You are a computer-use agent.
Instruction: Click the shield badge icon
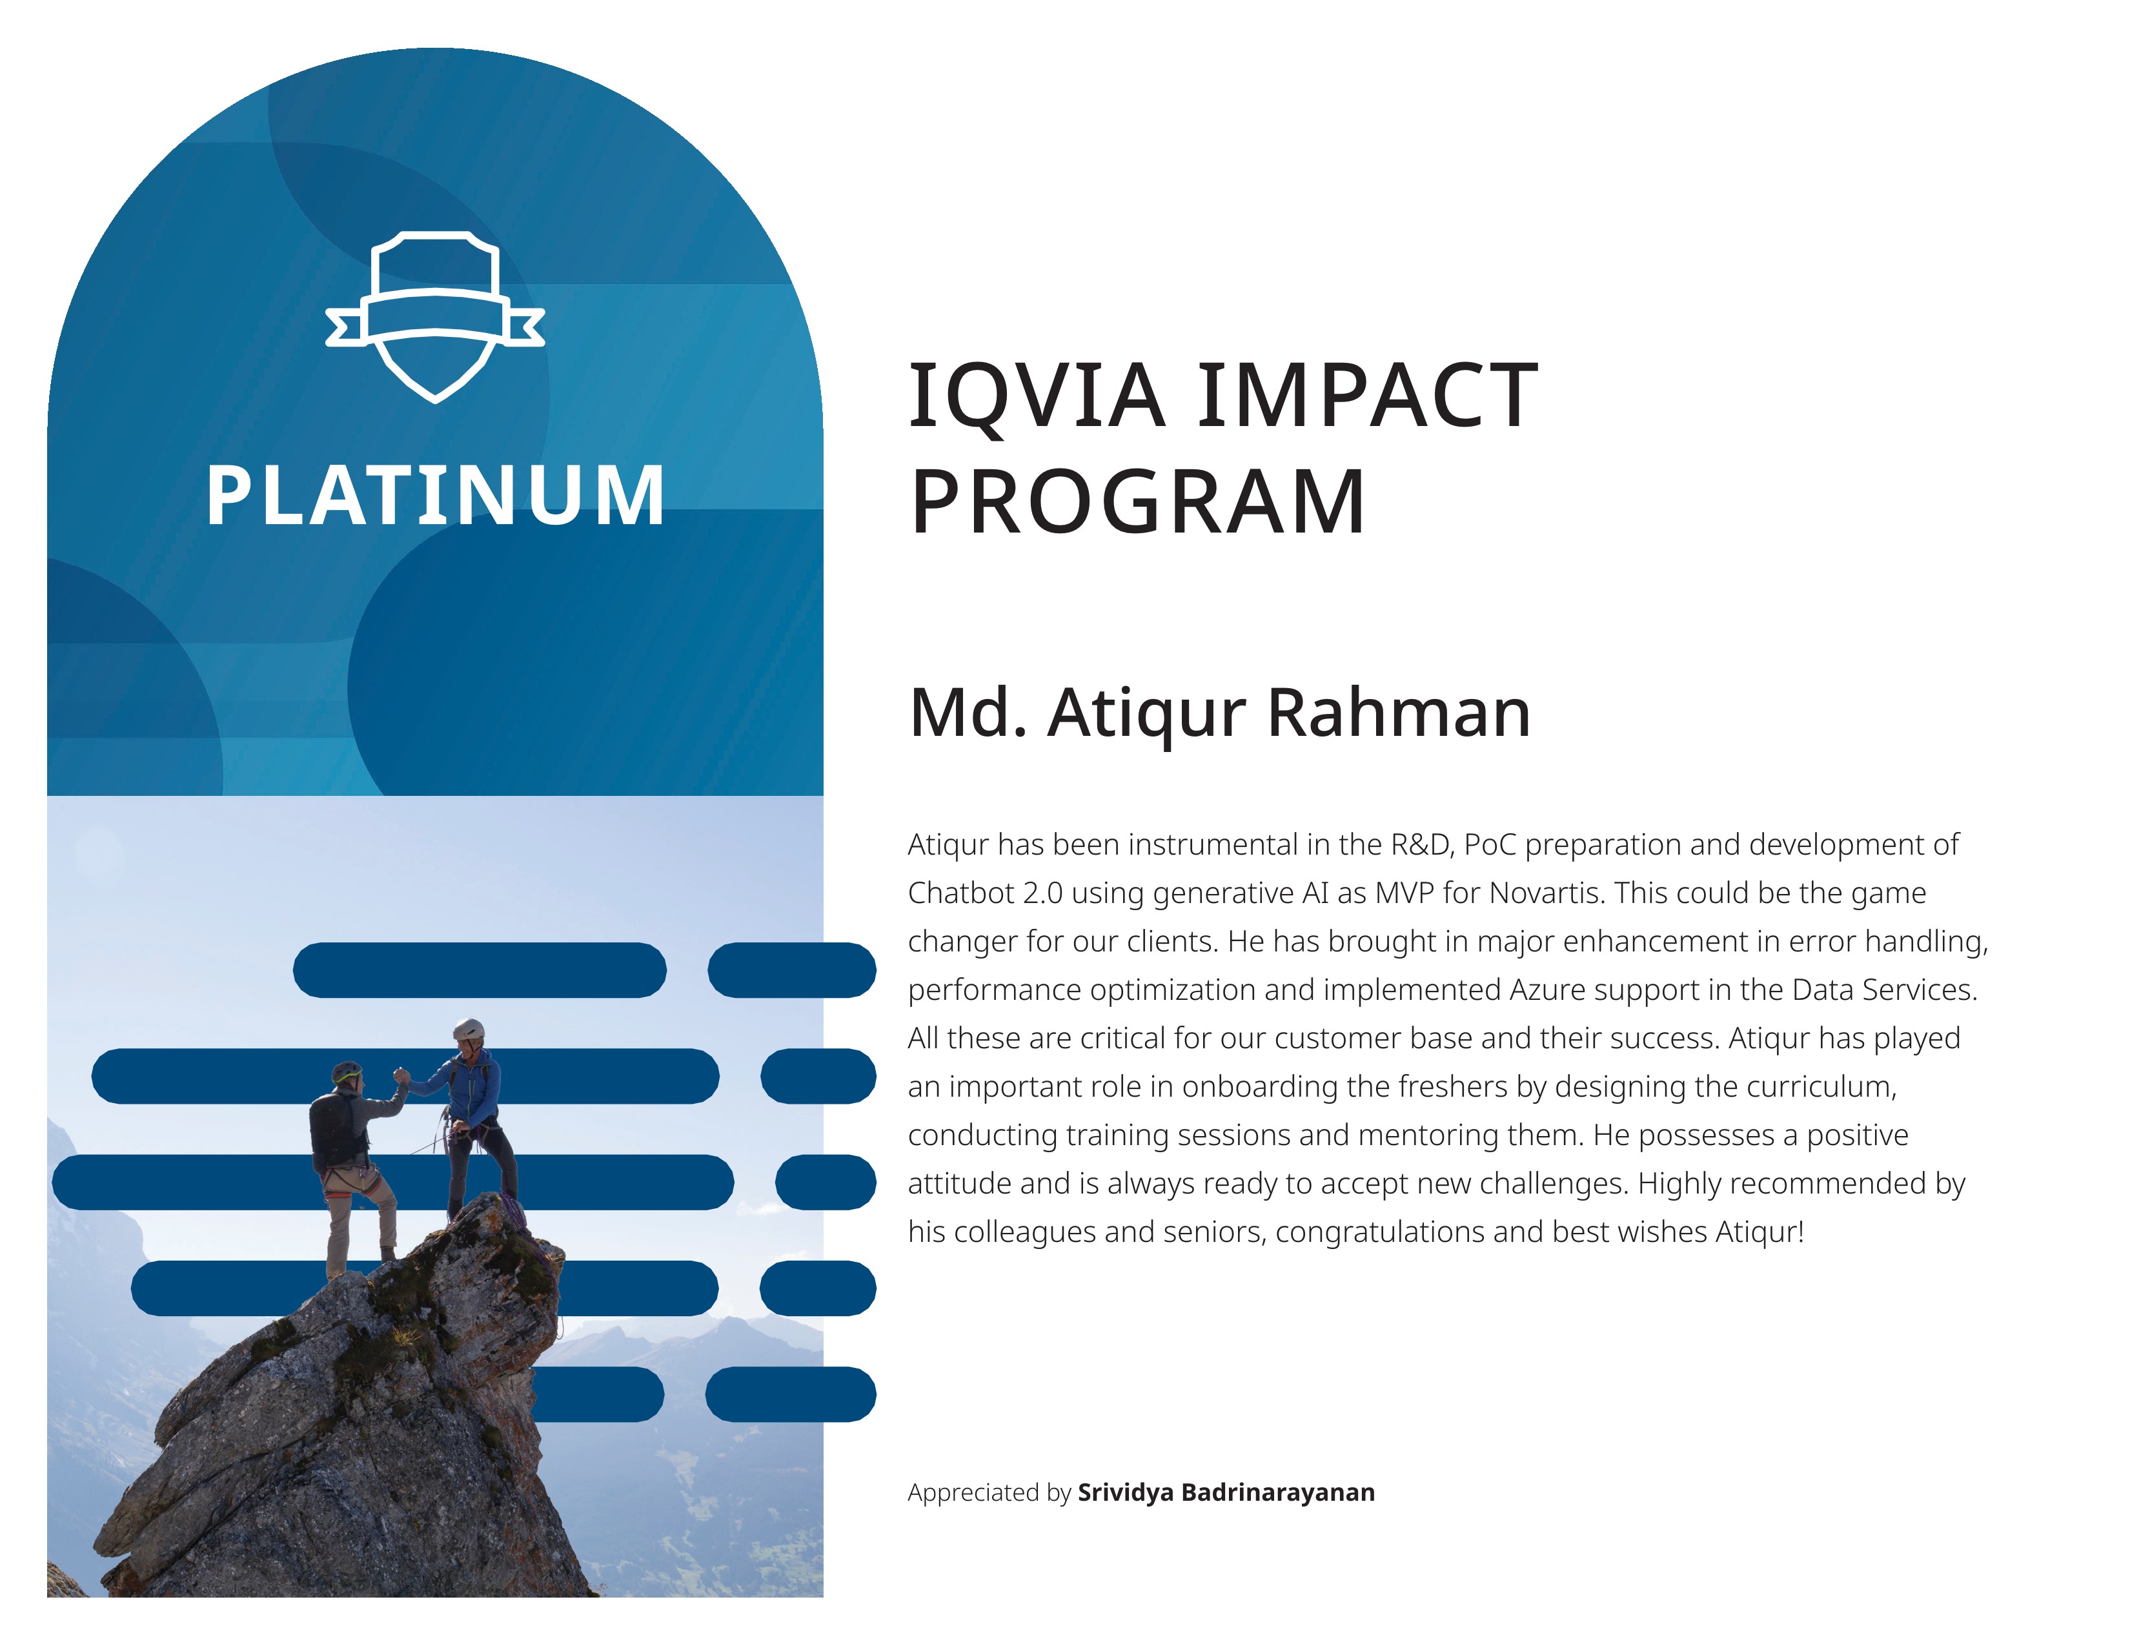[x=435, y=316]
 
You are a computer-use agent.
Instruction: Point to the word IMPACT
[x=1367, y=395]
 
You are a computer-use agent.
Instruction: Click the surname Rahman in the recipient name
[x=1399, y=712]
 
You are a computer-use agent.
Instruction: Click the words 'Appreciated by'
[x=989, y=1493]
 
